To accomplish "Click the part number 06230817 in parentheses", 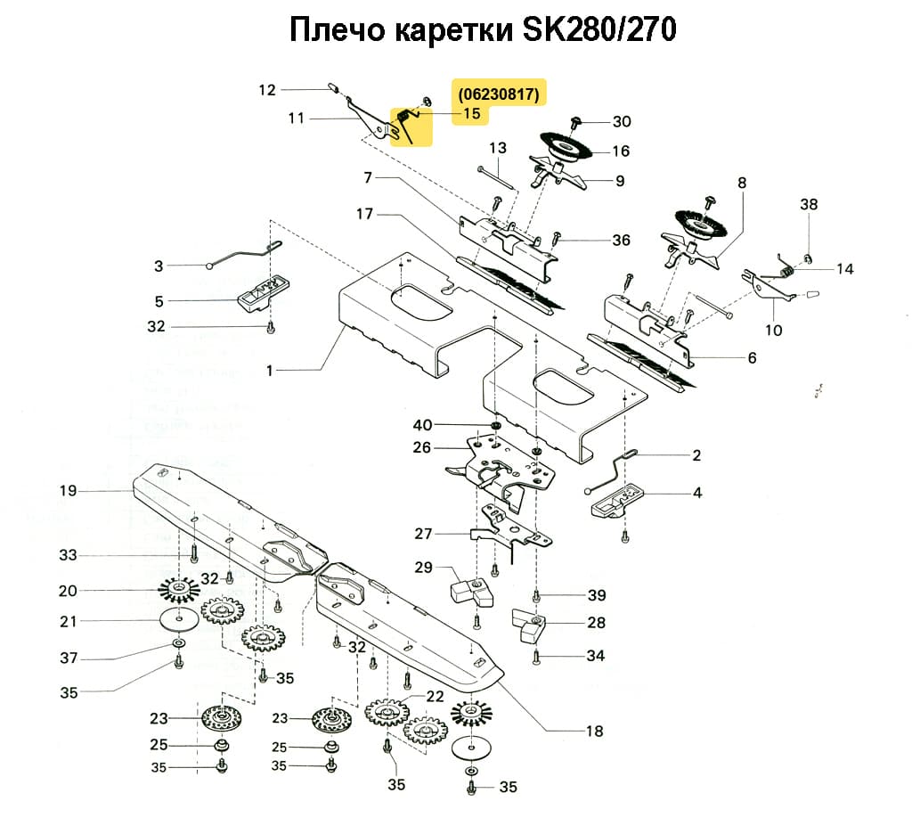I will pos(499,94).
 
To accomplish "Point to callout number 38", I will pos(808,204).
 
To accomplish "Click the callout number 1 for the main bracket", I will pos(269,370).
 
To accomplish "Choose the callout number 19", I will pos(69,490).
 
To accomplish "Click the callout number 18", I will pos(594,732).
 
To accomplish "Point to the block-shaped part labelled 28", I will pos(532,627).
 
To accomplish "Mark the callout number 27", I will pos(423,534).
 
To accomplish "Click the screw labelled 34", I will pos(536,658).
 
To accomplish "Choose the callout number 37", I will pos(69,658).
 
